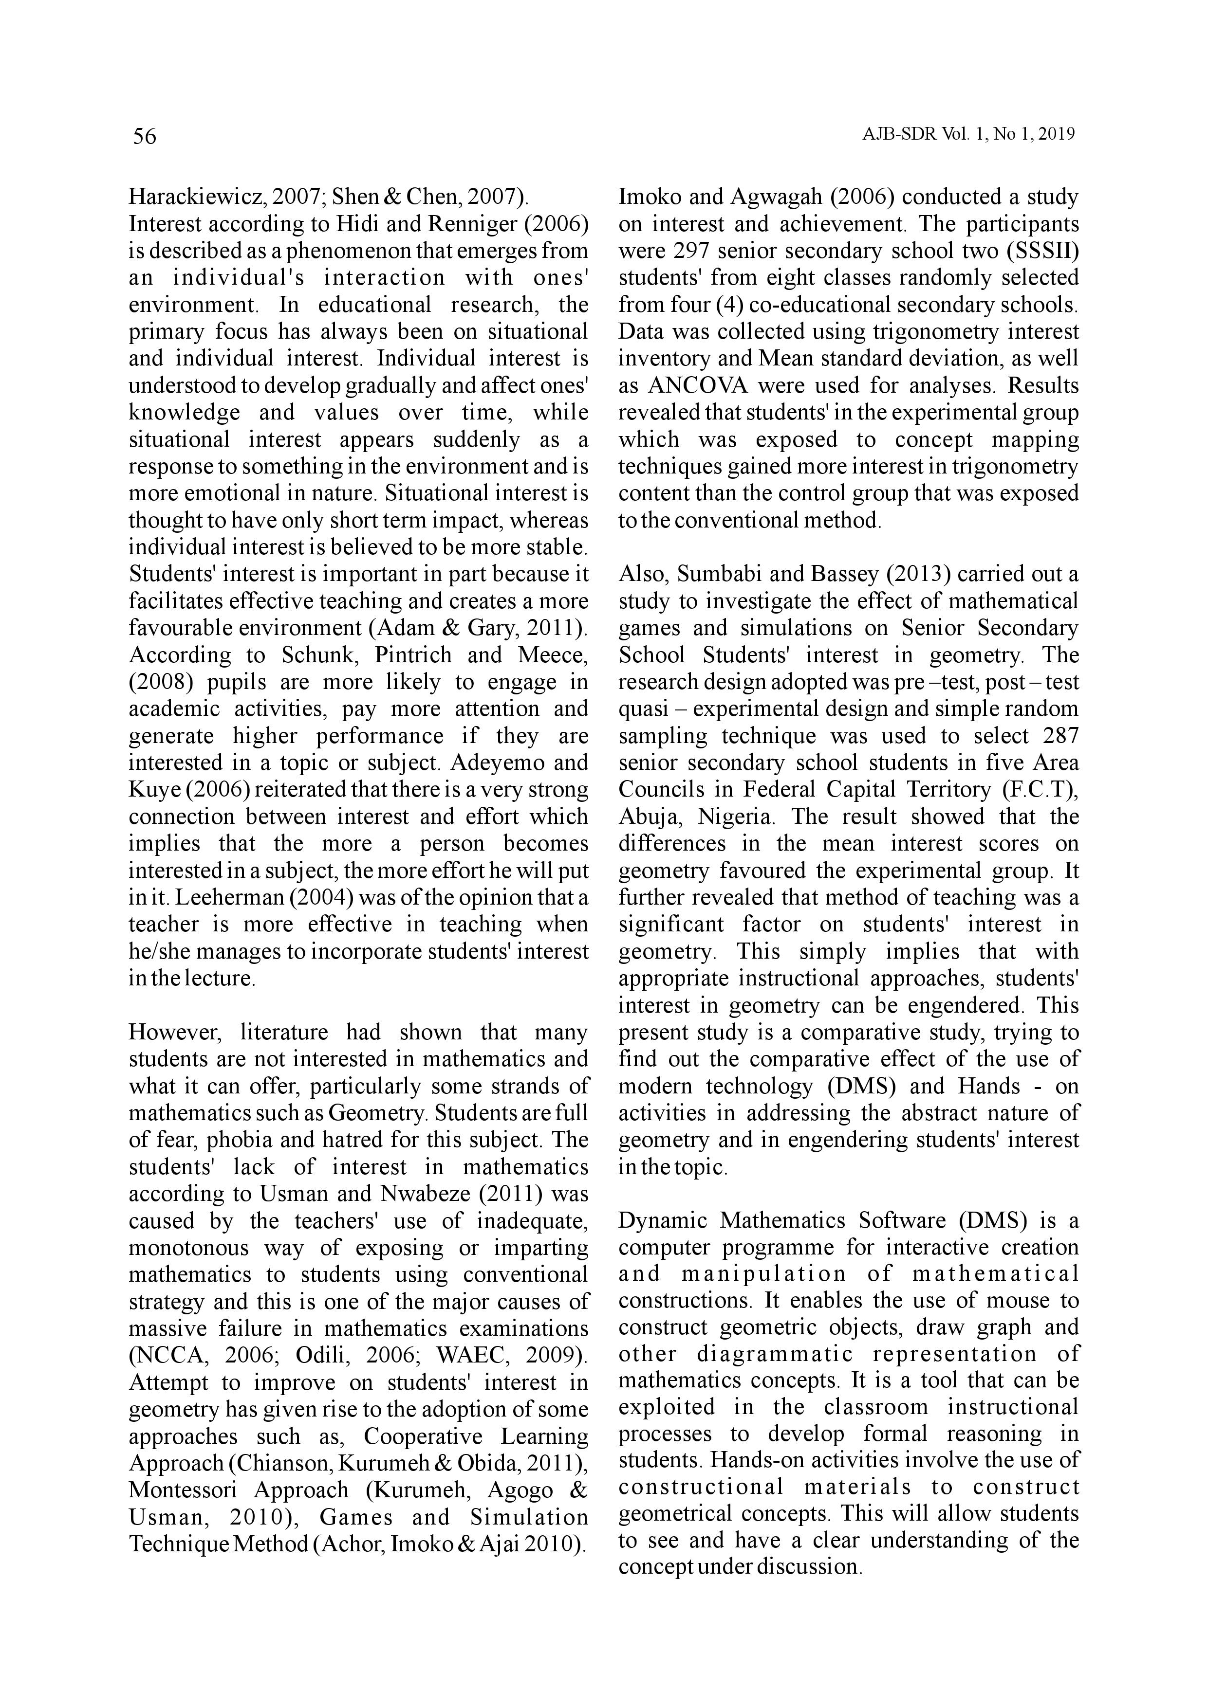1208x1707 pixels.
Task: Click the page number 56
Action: point(144,136)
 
